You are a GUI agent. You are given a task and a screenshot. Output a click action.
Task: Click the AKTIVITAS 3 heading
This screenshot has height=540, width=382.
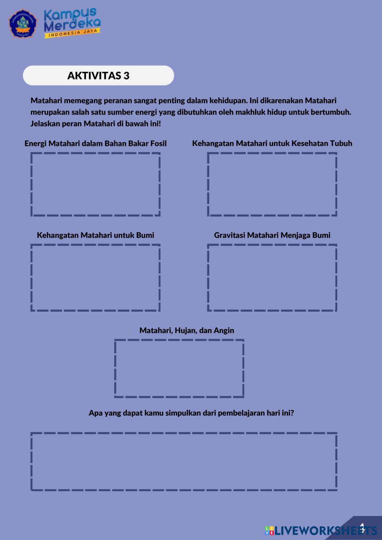coord(98,76)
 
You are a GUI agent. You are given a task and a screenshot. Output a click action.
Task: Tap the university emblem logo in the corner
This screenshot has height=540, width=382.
coord(23,23)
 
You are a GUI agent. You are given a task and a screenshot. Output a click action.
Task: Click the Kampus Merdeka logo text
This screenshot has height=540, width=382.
coord(72,20)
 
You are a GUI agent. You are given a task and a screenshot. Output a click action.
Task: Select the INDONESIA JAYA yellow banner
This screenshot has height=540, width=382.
coord(73,33)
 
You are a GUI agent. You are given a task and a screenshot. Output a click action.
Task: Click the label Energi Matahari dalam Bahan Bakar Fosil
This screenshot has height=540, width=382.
coord(95,144)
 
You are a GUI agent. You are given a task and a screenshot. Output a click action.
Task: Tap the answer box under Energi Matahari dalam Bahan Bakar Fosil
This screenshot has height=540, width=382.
coord(95,184)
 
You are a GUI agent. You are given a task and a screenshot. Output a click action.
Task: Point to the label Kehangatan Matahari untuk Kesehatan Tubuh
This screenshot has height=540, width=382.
coord(272,144)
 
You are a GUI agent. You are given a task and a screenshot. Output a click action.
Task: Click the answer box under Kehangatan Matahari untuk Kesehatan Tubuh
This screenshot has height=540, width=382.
coord(272,184)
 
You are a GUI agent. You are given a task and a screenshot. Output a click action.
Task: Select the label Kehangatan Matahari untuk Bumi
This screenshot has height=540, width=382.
coord(95,235)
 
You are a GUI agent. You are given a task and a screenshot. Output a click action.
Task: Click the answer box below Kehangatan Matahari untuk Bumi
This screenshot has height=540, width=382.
coord(95,278)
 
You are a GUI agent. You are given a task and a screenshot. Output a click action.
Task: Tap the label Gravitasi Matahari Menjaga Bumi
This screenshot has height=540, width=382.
coord(272,235)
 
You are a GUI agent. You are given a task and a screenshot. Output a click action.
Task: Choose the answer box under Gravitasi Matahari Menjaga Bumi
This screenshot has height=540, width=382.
coord(272,278)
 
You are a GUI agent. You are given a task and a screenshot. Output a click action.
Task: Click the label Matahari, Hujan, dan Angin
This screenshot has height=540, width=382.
coord(187,330)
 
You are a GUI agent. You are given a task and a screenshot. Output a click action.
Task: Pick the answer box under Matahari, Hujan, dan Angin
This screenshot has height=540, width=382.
coord(179,369)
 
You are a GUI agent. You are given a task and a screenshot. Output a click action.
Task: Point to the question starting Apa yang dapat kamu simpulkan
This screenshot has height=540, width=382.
coord(191,413)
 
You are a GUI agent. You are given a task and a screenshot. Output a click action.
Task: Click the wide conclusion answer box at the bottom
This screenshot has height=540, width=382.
coord(184,461)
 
